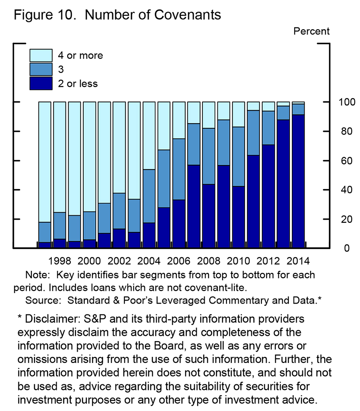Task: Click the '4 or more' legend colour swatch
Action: [41, 55]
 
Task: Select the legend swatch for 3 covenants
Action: [41, 69]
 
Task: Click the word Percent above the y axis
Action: [312, 31]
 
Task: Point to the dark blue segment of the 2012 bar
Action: [268, 196]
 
